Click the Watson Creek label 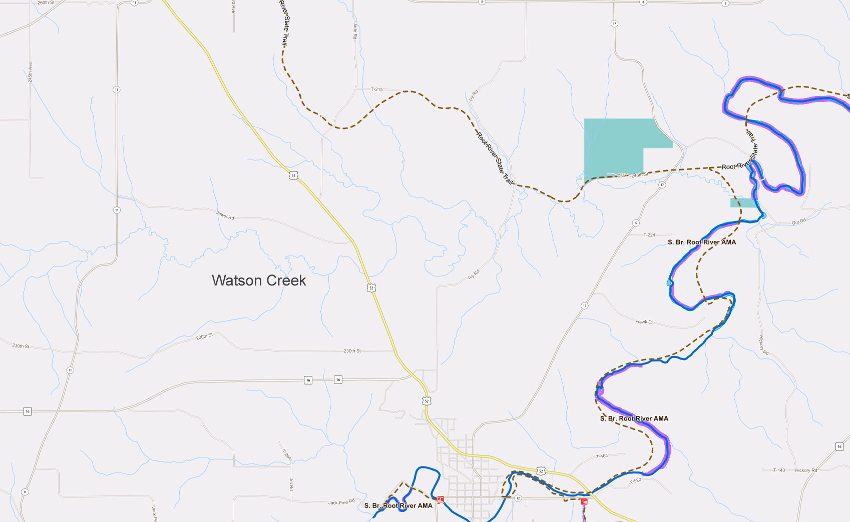258,280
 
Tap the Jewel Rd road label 225,216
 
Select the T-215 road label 376,89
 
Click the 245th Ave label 30,72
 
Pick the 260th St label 46,3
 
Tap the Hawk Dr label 644,322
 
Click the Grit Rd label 798,221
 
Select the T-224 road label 649,235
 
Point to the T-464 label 602,456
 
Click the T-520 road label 635,481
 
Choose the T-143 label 779,470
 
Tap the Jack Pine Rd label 341,501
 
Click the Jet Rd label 291,483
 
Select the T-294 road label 286,454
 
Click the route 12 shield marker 518,498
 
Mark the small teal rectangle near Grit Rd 743,202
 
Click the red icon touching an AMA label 441,499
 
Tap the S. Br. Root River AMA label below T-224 701,242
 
